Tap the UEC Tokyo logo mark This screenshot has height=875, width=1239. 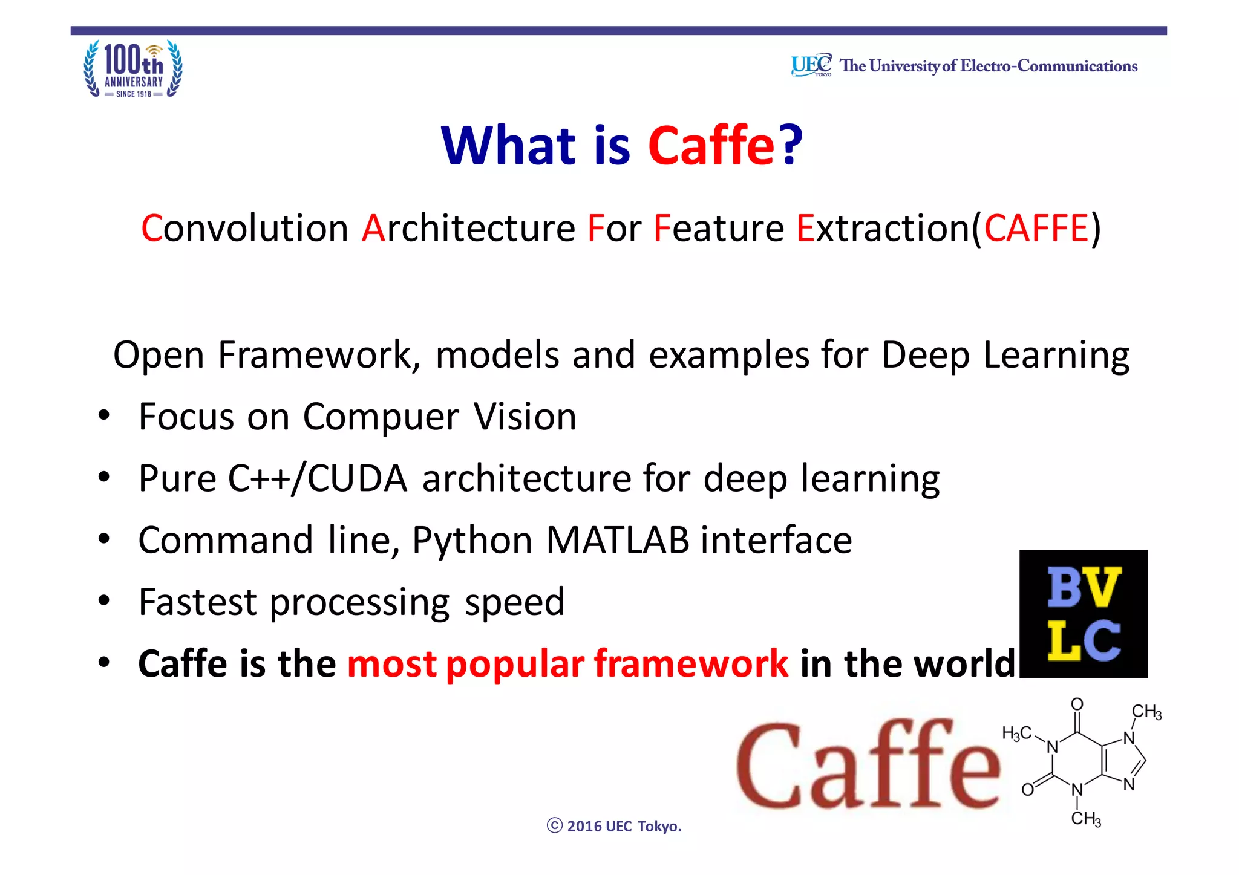[811, 65]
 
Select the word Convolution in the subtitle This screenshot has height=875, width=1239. [244, 229]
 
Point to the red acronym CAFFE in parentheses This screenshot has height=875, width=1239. [1036, 229]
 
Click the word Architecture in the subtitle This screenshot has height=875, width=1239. [468, 229]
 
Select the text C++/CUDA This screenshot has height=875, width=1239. [318, 479]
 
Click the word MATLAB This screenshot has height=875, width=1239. [617, 540]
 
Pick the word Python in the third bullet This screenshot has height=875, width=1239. [472, 541]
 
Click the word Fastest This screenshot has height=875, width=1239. [198, 602]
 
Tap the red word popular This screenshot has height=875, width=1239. [515, 664]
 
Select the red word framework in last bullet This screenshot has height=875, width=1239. [691, 664]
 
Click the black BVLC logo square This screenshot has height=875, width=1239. [1083, 614]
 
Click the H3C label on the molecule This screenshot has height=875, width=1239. [1016, 734]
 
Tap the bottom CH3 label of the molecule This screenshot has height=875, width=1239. [1086, 819]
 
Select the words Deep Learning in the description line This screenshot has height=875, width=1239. [1005, 355]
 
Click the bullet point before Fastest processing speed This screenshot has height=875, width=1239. [104, 601]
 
